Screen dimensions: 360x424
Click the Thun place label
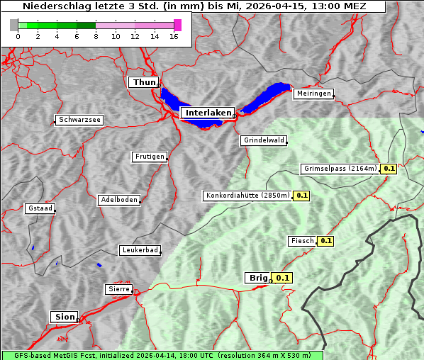click(144, 83)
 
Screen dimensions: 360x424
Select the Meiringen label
click(313, 94)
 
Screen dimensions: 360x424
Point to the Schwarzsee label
click(79, 120)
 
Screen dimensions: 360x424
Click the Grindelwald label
click(264, 140)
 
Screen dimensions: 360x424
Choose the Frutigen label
click(149, 157)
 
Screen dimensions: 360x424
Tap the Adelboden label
click(118, 200)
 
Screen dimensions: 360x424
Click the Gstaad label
click(40, 208)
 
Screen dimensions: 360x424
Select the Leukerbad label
click(140, 250)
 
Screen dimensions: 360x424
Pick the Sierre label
click(118, 289)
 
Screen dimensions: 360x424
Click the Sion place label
click(63, 317)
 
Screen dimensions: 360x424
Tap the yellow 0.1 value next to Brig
click(283, 278)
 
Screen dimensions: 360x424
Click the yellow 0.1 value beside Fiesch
click(325, 241)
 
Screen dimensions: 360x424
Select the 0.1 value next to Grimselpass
click(389, 169)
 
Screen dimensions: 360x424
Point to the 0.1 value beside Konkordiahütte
click(302, 195)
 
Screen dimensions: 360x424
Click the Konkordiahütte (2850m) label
click(247, 195)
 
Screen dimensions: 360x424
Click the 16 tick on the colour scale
click(173, 35)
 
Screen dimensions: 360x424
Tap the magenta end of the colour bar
click(177, 25)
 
